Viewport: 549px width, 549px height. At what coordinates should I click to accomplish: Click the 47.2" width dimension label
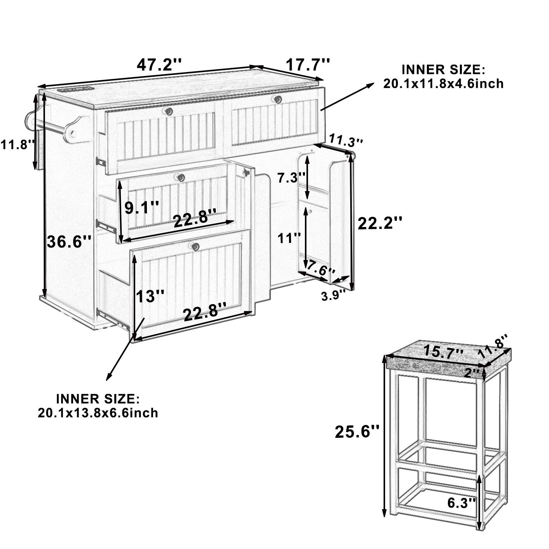coord(159,64)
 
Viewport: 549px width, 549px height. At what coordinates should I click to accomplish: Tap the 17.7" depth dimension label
coord(308,65)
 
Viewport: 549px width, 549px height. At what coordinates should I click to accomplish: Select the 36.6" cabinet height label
coord(69,243)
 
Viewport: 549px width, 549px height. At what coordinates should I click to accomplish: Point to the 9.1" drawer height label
coord(141,208)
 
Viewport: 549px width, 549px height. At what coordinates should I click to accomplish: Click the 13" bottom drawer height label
coord(150,297)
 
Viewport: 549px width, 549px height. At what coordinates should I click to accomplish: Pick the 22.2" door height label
coord(380,224)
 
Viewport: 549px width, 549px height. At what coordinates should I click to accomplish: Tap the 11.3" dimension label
coord(346,140)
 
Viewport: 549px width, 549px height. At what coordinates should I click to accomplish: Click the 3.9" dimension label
coord(333,296)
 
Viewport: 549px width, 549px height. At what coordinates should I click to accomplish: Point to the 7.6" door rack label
coord(320,268)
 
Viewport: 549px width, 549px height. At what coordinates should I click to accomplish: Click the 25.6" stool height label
coord(357,432)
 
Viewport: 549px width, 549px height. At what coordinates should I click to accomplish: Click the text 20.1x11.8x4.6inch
coord(443,84)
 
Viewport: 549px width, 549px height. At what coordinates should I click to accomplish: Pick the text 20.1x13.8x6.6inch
coord(98,413)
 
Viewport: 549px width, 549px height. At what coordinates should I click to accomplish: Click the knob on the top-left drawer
coord(169,112)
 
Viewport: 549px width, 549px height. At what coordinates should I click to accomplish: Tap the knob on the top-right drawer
coord(277,100)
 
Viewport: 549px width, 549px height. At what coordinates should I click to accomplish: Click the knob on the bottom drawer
coord(195,246)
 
